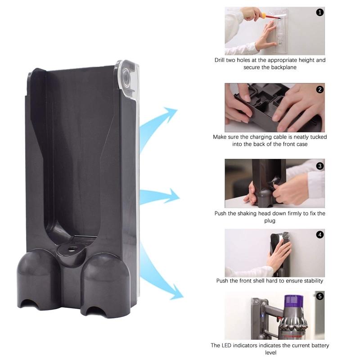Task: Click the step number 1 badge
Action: pos(320,13)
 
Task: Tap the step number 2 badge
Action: pos(320,89)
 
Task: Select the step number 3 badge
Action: pos(320,166)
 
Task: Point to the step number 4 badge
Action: pos(320,234)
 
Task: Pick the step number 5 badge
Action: pos(320,296)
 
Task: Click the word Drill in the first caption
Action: pos(221,60)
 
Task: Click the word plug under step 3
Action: pos(270,221)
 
